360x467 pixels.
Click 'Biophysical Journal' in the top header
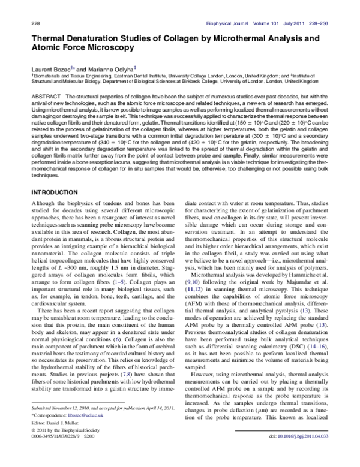click(229, 23)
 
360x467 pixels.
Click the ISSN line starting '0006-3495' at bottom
click(51, 453)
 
